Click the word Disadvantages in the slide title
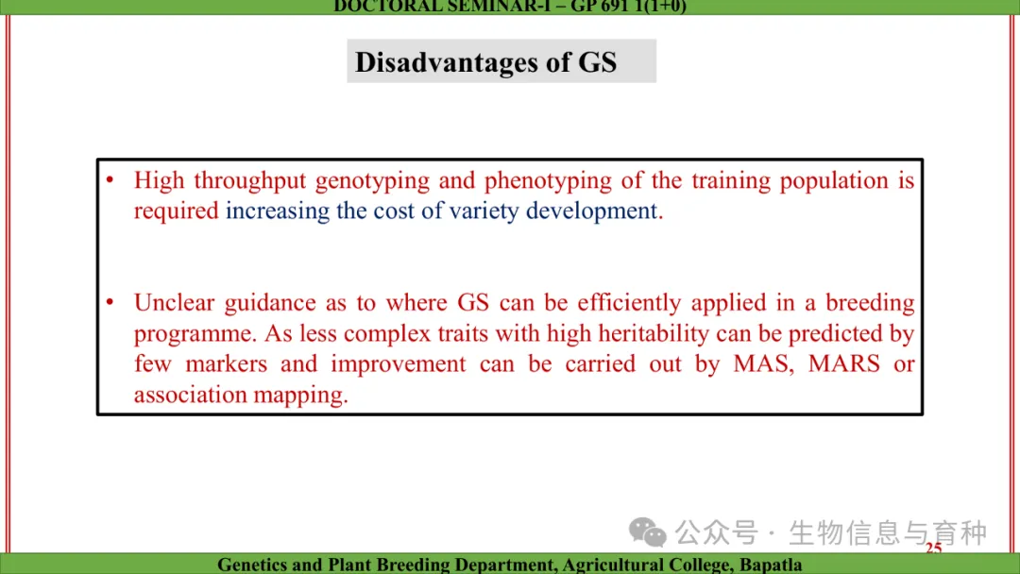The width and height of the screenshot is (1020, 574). point(446,62)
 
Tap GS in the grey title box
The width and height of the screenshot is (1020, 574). point(597,62)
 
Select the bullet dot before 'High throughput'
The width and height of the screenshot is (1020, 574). point(110,179)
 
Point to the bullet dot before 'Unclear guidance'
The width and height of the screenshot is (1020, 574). point(110,301)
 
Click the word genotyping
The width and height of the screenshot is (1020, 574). point(373,181)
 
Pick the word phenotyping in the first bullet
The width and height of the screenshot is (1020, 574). point(548,181)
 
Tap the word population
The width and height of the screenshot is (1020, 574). point(834,181)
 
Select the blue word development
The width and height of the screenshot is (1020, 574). point(591,211)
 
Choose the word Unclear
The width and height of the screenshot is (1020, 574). point(174,303)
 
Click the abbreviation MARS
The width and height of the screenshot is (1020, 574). point(843,364)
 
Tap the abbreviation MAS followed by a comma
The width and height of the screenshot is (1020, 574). point(764,364)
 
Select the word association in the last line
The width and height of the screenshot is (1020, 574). point(190,395)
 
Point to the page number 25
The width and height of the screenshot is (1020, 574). point(933,548)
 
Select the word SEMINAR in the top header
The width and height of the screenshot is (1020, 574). point(499,7)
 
